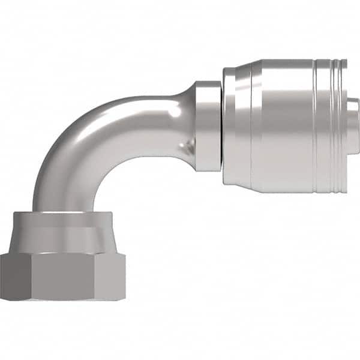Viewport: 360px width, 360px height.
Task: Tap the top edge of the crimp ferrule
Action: click(282, 61)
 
